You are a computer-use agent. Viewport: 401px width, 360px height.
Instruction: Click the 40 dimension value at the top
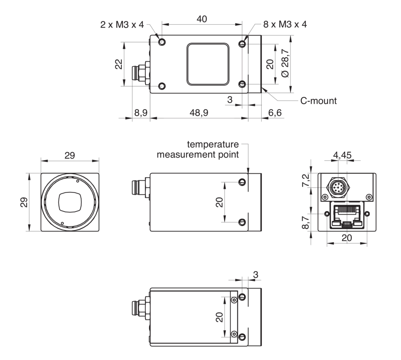pos(202,19)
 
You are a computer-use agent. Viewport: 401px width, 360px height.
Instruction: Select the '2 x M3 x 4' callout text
pos(122,25)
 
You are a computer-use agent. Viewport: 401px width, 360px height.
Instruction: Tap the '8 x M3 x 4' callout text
pos(285,25)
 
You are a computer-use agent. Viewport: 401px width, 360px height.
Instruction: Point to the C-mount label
pos(318,101)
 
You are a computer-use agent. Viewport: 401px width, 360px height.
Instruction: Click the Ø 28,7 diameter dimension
pos(285,63)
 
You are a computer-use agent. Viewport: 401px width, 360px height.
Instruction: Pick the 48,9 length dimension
pos(199,112)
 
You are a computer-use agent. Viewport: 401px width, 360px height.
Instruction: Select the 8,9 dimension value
pos(141,112)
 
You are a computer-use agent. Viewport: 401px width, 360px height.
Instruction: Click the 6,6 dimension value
pos(275,112)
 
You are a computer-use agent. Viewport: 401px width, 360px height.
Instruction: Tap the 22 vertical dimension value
pos(119,64)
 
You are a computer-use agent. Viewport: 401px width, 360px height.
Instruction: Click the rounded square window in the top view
pos(208,64)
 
